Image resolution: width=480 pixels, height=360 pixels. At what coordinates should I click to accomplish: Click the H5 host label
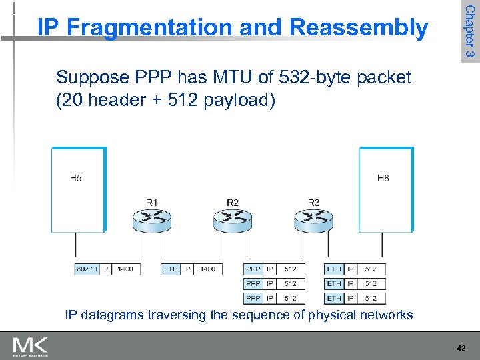[76, 178]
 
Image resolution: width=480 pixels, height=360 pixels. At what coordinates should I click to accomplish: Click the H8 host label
[383, 178]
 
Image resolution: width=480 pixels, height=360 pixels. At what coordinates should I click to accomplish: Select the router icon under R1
[151, 218]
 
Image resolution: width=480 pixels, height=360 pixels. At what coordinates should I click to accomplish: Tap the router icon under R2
[233, 218]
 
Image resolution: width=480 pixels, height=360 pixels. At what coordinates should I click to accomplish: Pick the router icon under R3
[313, 218]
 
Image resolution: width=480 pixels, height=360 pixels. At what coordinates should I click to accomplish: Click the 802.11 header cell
[87, 269]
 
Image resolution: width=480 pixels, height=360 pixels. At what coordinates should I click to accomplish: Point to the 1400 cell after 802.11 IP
[124, 269]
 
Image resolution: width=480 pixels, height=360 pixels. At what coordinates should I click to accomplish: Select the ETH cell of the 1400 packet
[171, 269]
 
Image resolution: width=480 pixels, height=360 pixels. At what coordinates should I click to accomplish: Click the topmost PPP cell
[253, 269]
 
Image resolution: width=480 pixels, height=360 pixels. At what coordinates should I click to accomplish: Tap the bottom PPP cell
[253, 298]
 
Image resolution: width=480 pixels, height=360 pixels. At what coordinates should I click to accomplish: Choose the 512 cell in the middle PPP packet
[290, 283]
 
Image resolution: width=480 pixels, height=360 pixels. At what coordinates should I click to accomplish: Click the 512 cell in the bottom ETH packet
[371, 298]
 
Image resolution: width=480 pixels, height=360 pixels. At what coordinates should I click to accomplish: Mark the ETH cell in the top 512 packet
[334, 269]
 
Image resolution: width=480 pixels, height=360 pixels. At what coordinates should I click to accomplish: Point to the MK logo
[31, 346]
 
